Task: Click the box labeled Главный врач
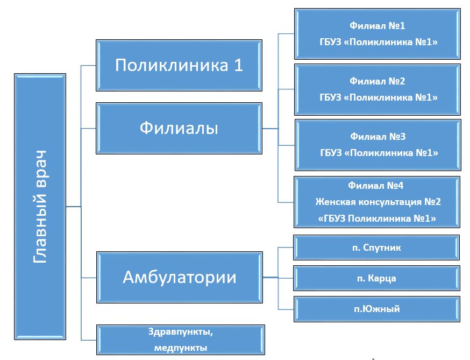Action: coord(40,207)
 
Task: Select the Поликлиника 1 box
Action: coord(179,66)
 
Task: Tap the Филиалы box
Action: coord(179,129)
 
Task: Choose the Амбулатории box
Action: coord(180,278)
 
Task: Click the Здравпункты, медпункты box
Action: coord(181,340)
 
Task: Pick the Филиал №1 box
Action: coord(378,34)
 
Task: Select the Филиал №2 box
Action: coord(378,89)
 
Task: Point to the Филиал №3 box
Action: coord(378,145)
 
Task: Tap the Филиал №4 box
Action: coord(377,202)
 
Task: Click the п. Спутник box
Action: coord(376,248)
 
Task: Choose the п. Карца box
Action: coord(376,278)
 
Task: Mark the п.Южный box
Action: coord(377,309)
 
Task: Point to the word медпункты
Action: coord(181,348)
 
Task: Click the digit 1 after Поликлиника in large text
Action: coord(239,65)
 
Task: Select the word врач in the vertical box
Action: coord(40,169)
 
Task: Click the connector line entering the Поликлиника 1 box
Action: coord(88,66)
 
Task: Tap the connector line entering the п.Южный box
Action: coord(286,309)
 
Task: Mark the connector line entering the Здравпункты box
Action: coord(89,340)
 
